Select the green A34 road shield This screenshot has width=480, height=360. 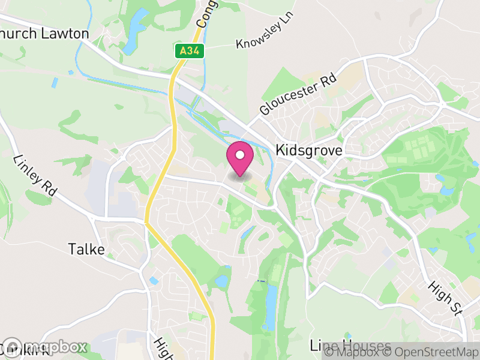point(190,52)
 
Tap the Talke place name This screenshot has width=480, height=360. point(86,249)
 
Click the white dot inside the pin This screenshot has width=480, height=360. point(240,155)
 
